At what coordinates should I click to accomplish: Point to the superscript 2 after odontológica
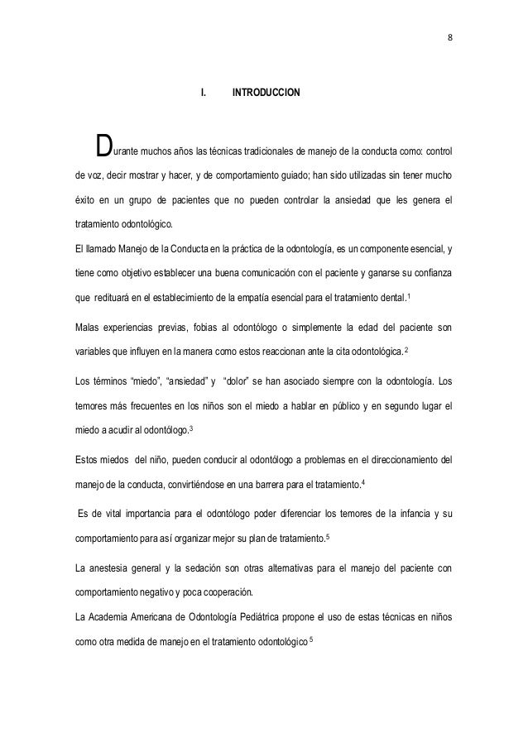click(x=406, y=352)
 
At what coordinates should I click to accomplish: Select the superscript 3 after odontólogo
click(x=192, y=428)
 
